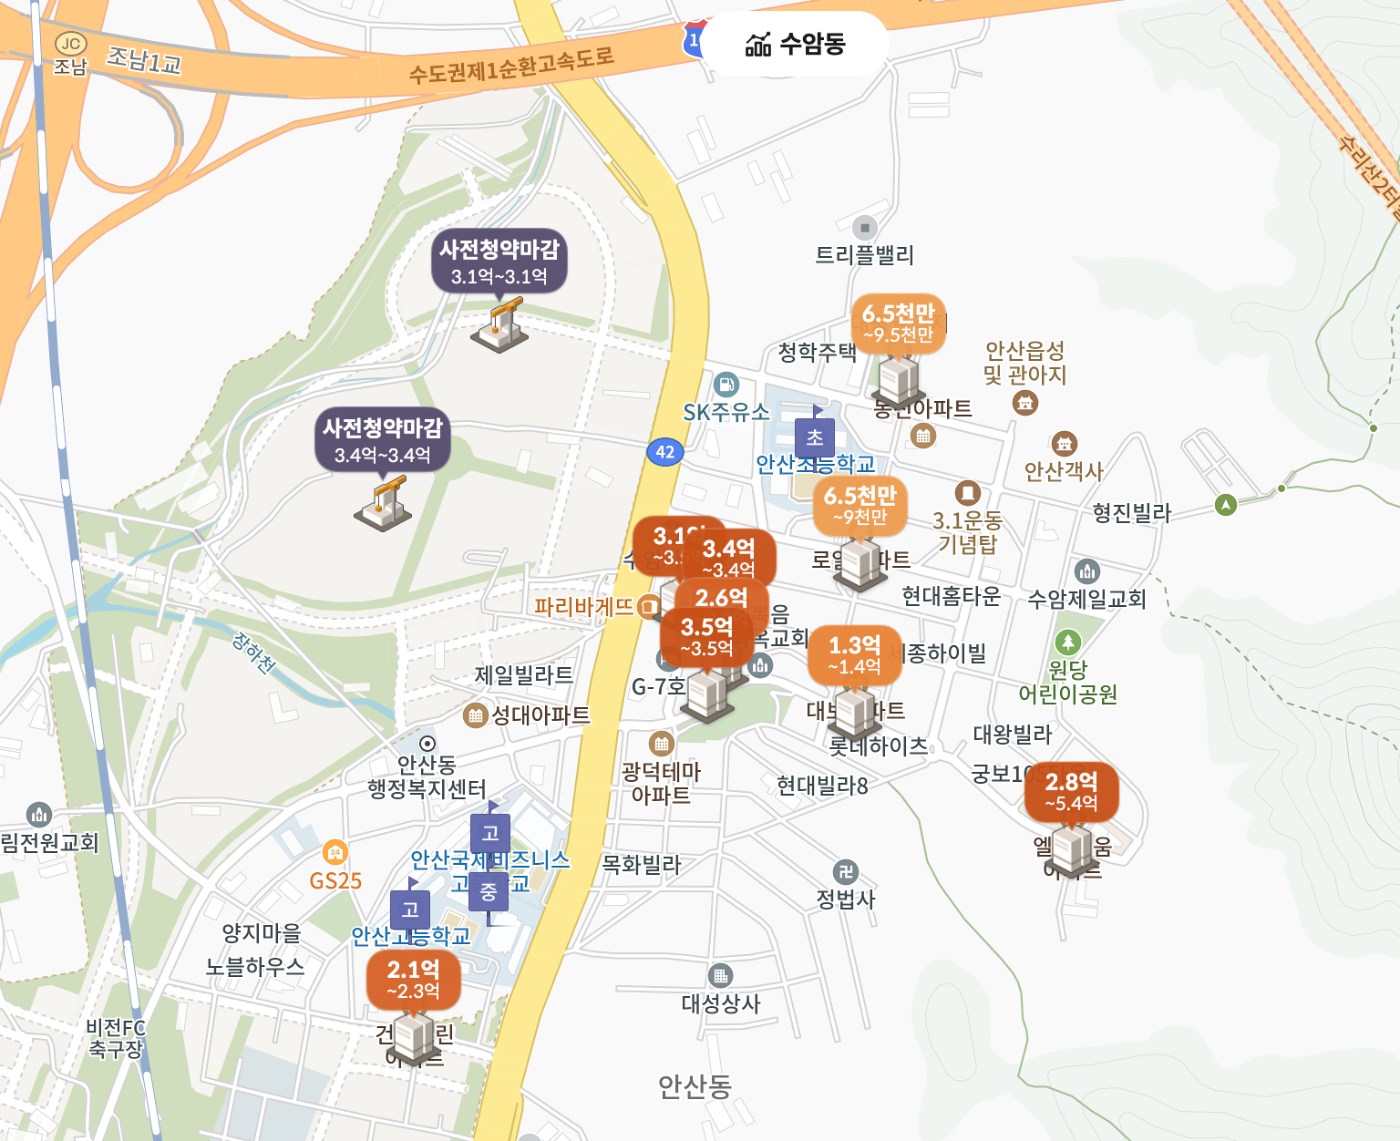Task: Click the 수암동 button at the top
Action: click(x=796, y=44)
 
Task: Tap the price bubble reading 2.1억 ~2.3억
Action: click(x=413, y=979)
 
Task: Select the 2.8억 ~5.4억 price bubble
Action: click(x=1071, y=791)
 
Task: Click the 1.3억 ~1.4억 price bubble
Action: click(x=854, y=654)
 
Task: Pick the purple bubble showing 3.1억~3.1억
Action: click(x=499, y=261)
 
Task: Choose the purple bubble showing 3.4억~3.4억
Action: click(x=382, y=439)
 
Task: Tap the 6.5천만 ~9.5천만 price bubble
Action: click(x=898, y=324)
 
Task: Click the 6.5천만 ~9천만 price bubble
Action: click(x=860, y=506)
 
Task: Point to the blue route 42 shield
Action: click(x=665, y=451)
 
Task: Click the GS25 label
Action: click(x=335, y=881)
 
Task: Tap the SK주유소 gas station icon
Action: click(x=726, y=385)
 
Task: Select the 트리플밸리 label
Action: click(x=864, y=255)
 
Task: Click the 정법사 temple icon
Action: click(x=846, y=872)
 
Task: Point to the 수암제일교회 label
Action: click(x=1086, y=599)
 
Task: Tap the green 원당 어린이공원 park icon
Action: click(x=1067, y=642)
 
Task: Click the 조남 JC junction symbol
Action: click(x=70, y=44)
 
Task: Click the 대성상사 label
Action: click(x=721, y=1003)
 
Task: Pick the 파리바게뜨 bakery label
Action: click(x=583, y=606)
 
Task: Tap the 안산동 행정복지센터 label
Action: click(x=427, y=776)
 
